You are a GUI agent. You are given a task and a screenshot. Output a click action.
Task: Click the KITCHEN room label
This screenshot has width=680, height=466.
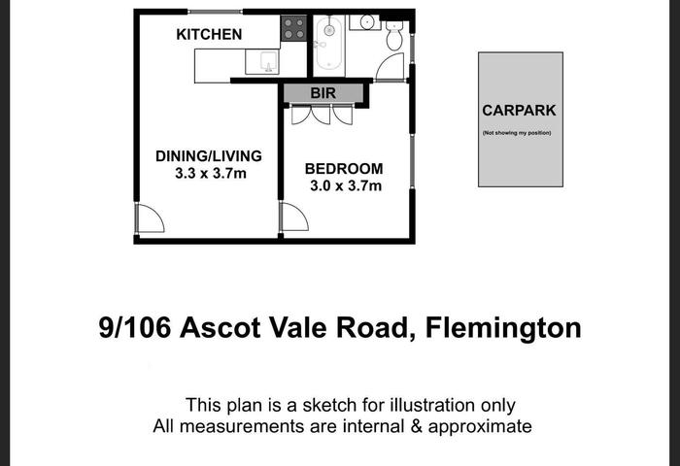(x=209, y=34)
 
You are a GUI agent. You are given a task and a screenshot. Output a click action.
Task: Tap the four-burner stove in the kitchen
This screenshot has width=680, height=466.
(x=293, y=28)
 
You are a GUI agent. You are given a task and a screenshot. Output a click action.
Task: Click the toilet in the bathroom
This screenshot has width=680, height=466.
(x=394, y=35)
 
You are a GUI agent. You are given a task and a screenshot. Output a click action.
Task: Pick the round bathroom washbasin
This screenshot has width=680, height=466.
(x=367, y=21)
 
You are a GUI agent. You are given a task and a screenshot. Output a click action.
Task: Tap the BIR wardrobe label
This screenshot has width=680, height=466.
(x=323, y=93)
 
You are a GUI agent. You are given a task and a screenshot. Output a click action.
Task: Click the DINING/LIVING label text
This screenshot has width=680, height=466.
(x=209, y=156)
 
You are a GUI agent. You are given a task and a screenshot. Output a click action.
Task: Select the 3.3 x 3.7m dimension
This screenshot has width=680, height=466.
(x=211, y=174)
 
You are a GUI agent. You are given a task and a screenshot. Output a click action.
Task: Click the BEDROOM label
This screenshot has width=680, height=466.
(x=344, y=169)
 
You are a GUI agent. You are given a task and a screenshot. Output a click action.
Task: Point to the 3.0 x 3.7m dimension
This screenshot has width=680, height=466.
(x=346, y=186)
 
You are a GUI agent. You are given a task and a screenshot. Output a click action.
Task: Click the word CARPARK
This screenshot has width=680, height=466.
(x=519, y=111)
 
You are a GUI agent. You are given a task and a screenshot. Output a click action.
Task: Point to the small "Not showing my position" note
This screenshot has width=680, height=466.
(x=517, y=133)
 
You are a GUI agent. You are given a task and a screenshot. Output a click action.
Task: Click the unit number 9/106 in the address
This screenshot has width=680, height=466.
(x=135, y=328)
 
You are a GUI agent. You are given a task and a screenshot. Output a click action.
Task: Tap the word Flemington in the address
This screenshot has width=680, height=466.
(x=503, y=328)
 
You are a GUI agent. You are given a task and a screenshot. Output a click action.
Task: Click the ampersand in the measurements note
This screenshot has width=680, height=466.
(x=416, y=426)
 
